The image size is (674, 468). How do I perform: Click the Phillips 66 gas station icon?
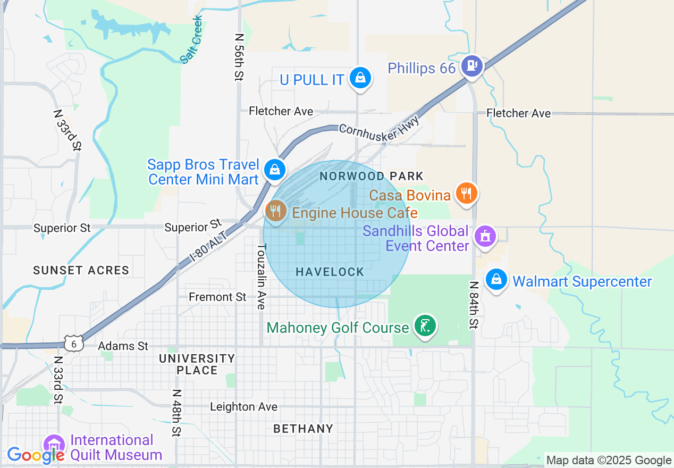[471, 66]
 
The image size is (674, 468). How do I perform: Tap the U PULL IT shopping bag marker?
[360, 78]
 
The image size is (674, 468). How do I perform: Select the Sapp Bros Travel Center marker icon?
[275, 170]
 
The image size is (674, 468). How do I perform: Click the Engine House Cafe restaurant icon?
[275, 211]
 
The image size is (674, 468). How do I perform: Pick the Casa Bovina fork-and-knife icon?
[466, 193]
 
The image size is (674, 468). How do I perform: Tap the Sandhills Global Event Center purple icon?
[485, 236]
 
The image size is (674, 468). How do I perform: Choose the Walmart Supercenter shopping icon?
[496, 279]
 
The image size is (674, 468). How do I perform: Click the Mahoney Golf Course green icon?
[425, 325]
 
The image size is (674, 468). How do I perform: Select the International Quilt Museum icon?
[53, 445]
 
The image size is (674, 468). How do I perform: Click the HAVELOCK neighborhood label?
[330, 272]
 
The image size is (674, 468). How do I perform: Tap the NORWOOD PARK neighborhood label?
[372, 176]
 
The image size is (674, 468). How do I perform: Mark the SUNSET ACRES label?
[81, 270]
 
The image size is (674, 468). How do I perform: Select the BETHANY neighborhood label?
[303, 429]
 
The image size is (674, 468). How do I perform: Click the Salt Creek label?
[192, 39]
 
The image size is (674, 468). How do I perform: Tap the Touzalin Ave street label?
[261, 277]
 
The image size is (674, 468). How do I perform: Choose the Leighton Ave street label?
[243, 407]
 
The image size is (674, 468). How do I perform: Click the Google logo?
[35, 455]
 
